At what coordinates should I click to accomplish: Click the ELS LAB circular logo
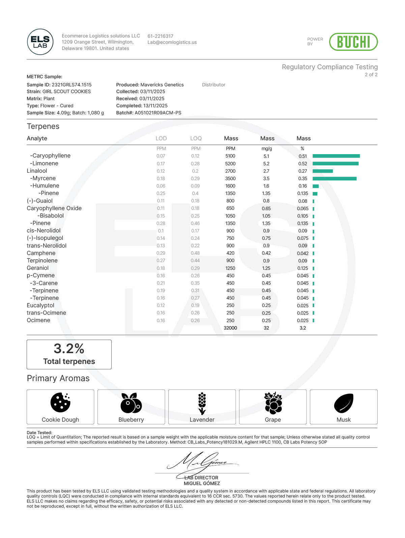tap(40, 42)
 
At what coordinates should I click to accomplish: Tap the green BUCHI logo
tap(353, 42)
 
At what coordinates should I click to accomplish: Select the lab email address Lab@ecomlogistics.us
tap(172, 43)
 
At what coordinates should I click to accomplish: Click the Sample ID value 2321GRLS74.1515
tap(71, 85)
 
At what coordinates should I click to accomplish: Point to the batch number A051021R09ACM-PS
tap(158, 113)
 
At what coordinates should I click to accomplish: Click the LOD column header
tap(161, 138)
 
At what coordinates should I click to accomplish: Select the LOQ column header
tap(196, 138)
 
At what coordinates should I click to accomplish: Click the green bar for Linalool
tap(322, 171)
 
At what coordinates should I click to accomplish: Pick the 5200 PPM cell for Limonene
tap(230, 164)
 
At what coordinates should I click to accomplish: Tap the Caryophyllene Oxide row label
tap(54, 208)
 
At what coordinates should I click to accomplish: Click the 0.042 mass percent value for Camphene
tap(302, 253)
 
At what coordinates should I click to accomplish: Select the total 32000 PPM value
tap(230, 328)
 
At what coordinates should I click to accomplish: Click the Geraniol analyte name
tap(38, 268)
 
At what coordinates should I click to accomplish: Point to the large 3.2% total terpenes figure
tap(69, 348)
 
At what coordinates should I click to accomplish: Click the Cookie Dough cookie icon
tap(60, 402)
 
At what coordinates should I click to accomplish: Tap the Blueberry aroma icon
tap(131, 403)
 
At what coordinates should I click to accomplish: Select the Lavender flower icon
tap(202, 403)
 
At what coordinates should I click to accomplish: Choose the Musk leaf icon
tap(344, 403)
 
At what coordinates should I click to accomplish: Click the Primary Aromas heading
tap(58, 378)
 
